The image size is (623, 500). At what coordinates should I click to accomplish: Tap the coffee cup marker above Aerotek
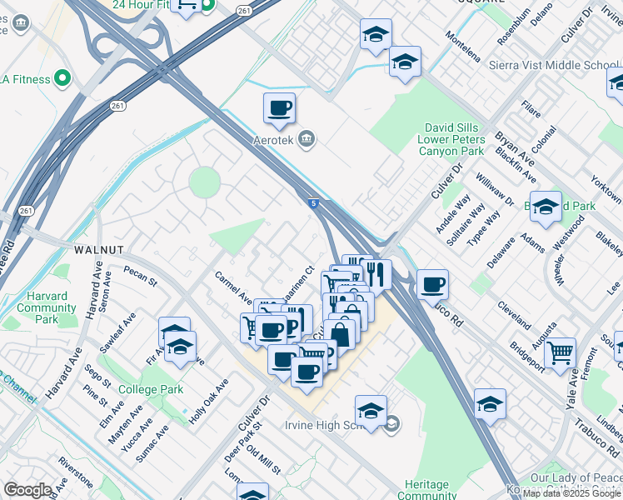tap(279, 107)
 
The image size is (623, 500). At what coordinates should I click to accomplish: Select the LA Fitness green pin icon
tap(62, 79)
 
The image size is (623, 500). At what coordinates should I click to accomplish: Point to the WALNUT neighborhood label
tap(98, 249)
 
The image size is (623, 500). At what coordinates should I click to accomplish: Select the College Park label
tap(150, 389)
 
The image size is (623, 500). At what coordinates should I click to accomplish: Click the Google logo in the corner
tap(27, 490)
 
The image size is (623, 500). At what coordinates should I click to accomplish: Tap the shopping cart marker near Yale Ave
tap(560, 352)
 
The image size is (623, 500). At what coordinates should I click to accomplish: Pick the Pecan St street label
tap(140, 276)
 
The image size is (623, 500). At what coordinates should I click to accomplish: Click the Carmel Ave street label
tap(233, 287)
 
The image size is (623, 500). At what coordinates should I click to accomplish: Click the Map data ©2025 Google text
tap(572, 493)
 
